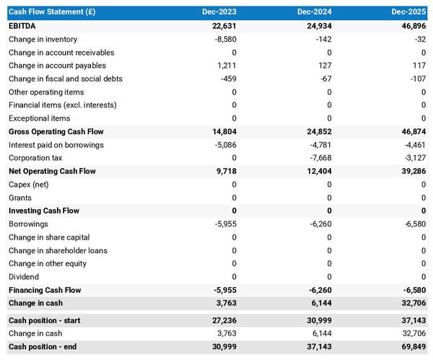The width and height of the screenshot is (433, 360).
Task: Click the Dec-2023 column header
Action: tap(219, 13)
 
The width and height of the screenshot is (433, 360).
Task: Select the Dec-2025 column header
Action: tap(409, 13)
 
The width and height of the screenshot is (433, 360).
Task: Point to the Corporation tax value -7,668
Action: tap(318, 158)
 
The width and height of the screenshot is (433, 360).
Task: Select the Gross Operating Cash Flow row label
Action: tap(56, 132)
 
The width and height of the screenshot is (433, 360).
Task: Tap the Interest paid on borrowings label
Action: tap(56, 145)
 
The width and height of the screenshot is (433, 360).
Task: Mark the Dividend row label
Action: tap(24, 276)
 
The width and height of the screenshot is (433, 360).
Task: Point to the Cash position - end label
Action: tap(43, 347)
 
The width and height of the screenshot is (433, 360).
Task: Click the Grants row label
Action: tap(20, 198)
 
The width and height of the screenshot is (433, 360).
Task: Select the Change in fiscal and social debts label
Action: tap(66, 79)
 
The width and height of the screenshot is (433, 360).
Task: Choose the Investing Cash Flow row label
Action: tap(44, 211)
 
